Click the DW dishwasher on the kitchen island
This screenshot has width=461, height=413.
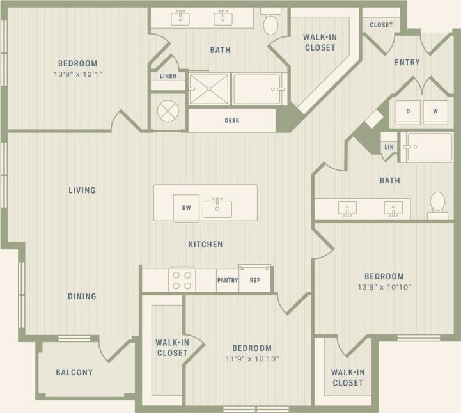pyautogui.click(x=186, y=208)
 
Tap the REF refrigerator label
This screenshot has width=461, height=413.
pyautogui.click(x=254, y=280)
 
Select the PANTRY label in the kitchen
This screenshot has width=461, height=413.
pyautogui.click(x=228, y=280)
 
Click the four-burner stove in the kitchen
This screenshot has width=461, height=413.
pyautogui.click(x=181, y=280)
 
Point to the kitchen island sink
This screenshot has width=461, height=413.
pyautogui.click(x=217, y=208)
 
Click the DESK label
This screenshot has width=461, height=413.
pyautogui.click(x=231, y=120)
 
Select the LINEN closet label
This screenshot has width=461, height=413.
pyautogui.click(x=168, y=77)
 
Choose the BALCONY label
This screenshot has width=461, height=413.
pyautogui.click(x=74, y=372)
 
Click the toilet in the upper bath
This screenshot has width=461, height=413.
pyautogui.click(x=271, y=24)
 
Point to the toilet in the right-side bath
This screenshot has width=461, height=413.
pyautogui.click(x=438, y=203)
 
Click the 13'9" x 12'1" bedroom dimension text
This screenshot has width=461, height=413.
pyautogui.click(x=77, y=75)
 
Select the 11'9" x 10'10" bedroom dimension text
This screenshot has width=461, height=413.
pyautogui.click(x=251, y=359)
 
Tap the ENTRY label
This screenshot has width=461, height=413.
pyautogui.click(x=407, y=63)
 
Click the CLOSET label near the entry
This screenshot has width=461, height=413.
pyautogui.click(x=381, y=26)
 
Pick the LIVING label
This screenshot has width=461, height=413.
pyautogui.click(x=82, y=190)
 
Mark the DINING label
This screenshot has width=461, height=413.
pyautogui.click(x=82, y=297)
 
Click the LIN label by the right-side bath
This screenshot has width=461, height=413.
pyautogui.click(x=389, y=147)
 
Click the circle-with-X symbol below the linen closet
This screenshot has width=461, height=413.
pyautogui.click(x=168, y=111)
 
